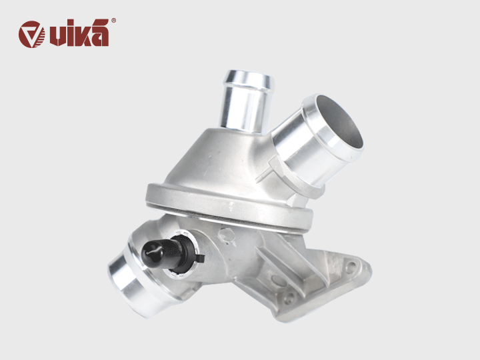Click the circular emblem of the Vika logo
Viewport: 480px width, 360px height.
(32, 34)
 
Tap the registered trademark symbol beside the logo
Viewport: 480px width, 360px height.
(113, 21)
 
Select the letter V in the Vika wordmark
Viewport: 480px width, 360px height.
(56, 36)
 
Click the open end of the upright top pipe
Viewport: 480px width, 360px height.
(249, 79)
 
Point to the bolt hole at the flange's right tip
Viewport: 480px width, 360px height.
(351, 266)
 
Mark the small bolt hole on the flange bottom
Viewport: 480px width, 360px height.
(287, 299)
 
